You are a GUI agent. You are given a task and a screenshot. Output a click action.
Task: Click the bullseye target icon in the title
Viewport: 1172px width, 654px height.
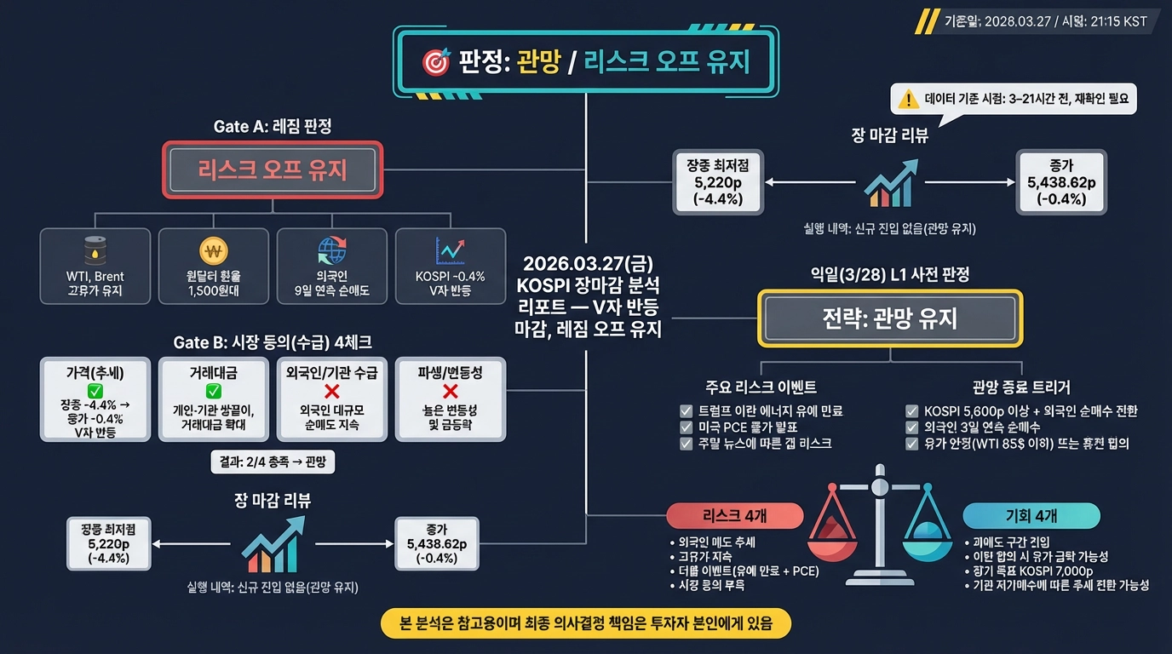click(435, 61)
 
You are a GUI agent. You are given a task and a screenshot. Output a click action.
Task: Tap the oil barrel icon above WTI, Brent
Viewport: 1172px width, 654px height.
click(95, 250)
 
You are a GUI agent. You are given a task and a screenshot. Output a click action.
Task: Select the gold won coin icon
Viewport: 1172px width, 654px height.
click(213, 250)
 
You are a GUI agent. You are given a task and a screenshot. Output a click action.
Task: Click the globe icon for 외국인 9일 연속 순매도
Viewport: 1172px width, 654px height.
click(331, 250)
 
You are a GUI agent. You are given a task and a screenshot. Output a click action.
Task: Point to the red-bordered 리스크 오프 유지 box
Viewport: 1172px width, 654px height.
click(273, 170)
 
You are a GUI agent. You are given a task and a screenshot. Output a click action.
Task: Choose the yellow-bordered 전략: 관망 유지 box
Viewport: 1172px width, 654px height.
click(889, 318)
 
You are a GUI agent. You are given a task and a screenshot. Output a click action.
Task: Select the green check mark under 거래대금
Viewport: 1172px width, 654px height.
click(213, 391)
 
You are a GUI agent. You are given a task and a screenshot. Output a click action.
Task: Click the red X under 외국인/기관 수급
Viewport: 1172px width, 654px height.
click(331, 391)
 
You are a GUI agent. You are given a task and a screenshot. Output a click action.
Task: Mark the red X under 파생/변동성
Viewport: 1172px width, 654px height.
click(451, 391)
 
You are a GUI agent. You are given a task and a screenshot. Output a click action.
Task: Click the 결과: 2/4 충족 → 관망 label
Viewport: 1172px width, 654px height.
click(273, 462)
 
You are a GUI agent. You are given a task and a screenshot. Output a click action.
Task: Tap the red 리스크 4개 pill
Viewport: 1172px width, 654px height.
click(735, 515)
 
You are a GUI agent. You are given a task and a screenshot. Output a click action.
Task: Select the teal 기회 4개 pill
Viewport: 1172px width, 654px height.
click(1031, 515)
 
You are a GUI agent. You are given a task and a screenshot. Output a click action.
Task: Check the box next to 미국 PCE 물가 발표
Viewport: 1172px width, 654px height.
click(687, 427)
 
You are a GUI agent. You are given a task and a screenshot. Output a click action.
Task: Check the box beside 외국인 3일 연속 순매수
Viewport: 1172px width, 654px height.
click(912, 427)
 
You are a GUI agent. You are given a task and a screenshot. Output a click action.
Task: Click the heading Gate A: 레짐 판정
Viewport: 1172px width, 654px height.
click(272, 126)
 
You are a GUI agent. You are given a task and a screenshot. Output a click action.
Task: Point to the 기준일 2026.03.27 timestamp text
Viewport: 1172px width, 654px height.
click(1045, 21)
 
